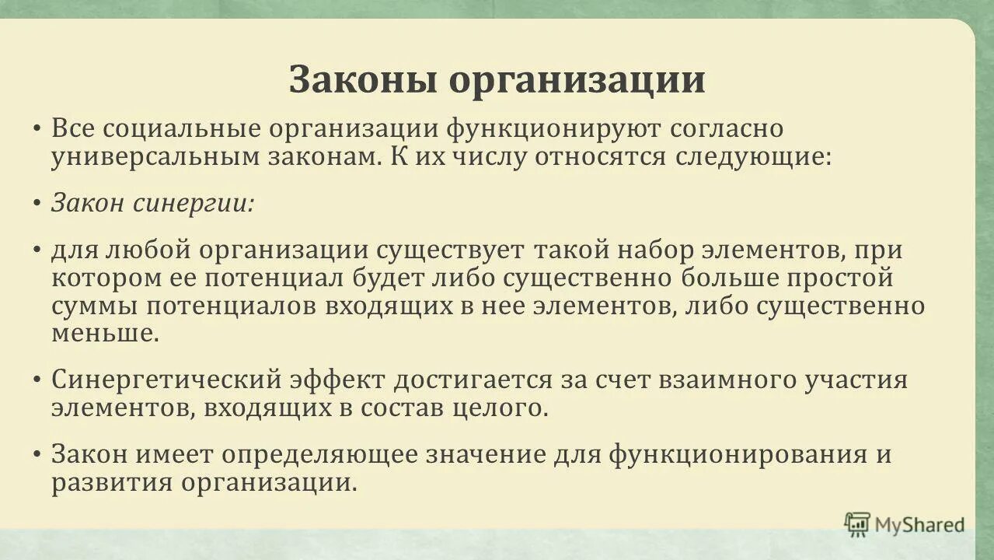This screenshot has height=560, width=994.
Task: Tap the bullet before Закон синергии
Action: pos(37,204)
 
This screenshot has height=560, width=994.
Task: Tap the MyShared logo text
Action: pos(920,524)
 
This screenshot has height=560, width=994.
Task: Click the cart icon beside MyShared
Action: pos(857,524)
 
